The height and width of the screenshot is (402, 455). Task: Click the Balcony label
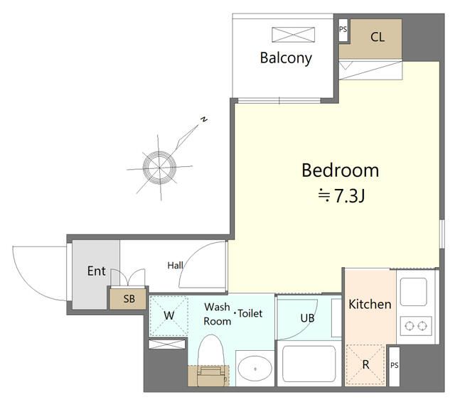(x=286, y=58)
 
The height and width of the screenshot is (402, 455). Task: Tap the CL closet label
(x=378, y=37)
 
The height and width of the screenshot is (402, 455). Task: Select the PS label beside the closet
(x=343, y=29)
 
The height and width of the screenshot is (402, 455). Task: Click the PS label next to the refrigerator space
(x=394, y=365)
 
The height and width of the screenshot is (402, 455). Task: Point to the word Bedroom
(x=341, y=170)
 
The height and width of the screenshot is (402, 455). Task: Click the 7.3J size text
(x=349, y=196)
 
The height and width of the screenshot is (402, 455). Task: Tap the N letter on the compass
(x=204, y=119)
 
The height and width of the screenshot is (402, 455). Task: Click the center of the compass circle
(x=159, y=167)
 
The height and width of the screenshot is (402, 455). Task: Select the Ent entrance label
(x=97, y=271)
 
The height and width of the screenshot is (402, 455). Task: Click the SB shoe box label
(x=129, y=299)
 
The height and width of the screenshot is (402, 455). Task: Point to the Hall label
(x=176, y=265)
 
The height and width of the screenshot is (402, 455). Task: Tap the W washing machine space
(x=169, y=315)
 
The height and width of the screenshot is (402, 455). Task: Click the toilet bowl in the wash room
(x=211, y=360)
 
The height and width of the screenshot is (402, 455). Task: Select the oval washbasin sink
(x=255, y=369)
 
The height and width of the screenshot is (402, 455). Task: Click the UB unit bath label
(x=307, y=318)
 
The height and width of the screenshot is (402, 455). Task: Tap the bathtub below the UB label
(x=309, y=364)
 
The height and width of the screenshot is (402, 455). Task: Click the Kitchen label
(x=370, y=304)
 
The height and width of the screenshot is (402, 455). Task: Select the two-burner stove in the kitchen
(x=416, y=326)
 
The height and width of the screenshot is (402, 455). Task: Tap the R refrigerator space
(x=365, y=364)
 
